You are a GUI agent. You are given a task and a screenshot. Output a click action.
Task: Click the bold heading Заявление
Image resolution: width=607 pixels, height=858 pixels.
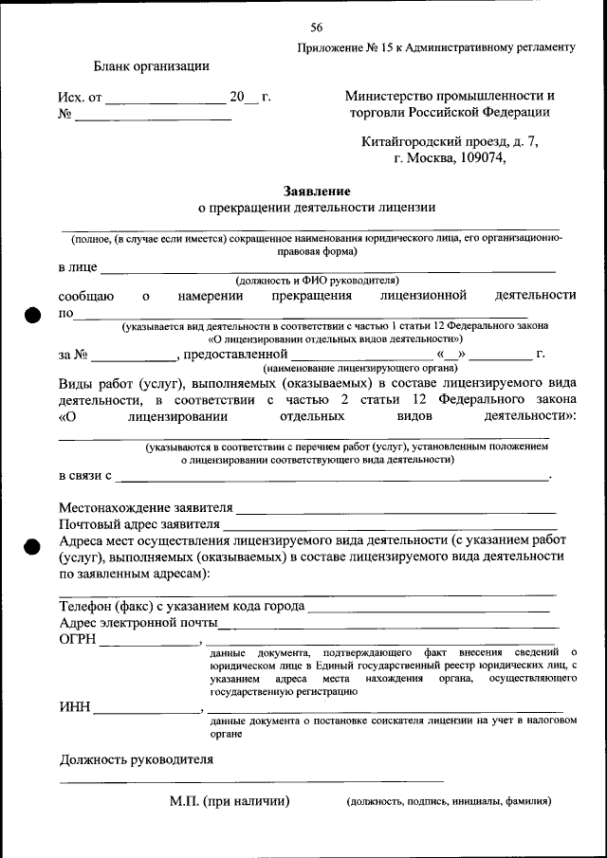[316, 191]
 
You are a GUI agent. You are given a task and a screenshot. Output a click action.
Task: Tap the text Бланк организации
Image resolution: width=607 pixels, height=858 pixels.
[151, 65]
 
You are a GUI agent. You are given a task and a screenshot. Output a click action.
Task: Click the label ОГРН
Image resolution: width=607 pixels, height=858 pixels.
[78, 640]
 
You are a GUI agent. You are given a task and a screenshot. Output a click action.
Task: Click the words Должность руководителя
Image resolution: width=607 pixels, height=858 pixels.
[137, 759]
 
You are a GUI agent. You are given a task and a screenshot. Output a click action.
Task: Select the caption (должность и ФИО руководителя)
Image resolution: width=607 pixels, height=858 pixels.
[318, 281]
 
